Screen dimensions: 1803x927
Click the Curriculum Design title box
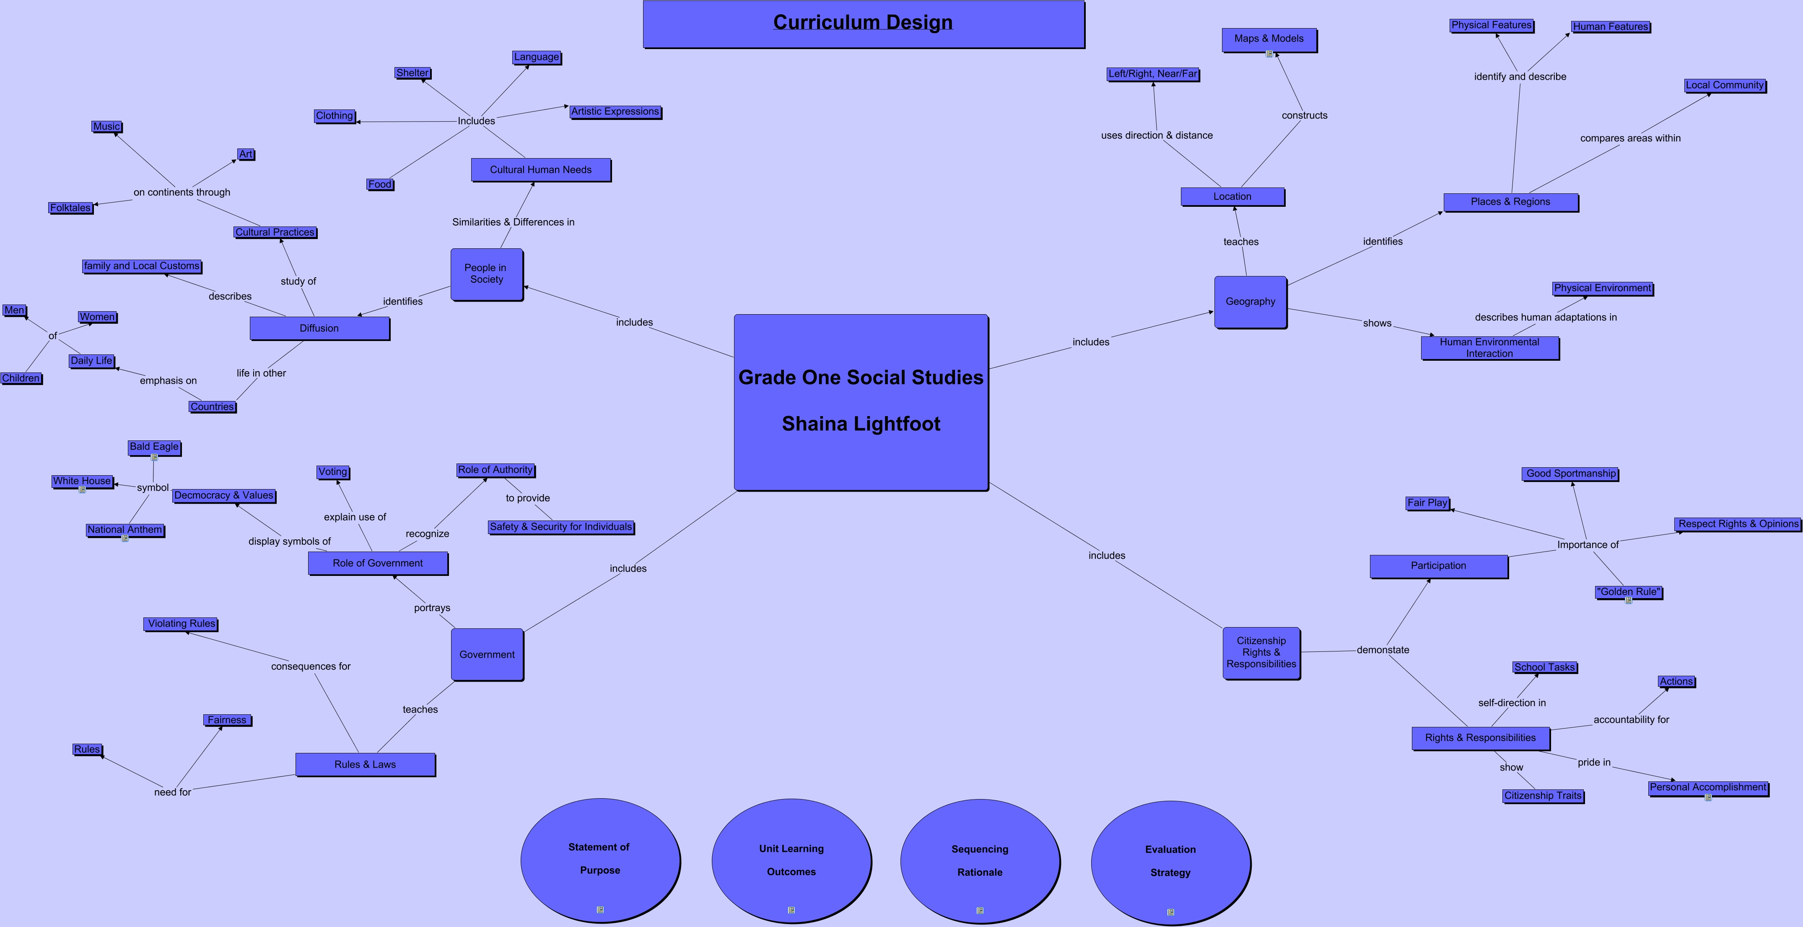point(864,24)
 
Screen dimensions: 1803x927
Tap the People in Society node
point(486,274)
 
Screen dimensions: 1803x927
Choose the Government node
point(487,655)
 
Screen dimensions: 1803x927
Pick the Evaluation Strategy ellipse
point(1171,862)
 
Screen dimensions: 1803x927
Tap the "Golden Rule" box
point(1629,592)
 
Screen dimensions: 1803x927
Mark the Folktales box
point(71,208)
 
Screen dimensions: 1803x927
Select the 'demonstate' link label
point(1383,650)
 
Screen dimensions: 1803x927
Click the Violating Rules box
point(181,624)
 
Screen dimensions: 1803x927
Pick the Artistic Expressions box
point(615,112)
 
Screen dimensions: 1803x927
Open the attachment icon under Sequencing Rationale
point(980,910)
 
